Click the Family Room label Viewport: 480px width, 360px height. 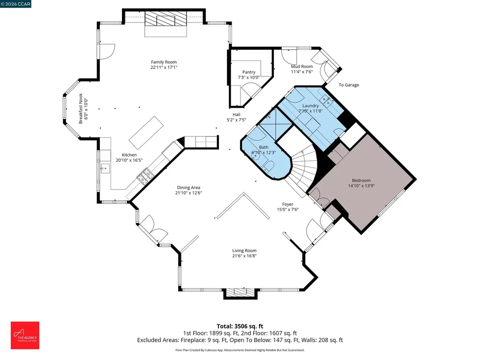point(164,62)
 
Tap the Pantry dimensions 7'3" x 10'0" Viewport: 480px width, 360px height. point(248,77)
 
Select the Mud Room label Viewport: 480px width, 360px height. point(301,67)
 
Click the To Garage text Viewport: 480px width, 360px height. point(349,85)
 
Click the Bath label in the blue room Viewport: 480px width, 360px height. point(263,147)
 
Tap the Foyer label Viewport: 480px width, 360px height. point(287,204)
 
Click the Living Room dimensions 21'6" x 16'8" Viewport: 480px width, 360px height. point(244,256)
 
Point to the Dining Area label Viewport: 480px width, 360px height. point(188,187)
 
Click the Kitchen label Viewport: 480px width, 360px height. point(129,155)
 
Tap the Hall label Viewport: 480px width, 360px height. point(236,114)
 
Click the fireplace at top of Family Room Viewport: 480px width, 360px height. point(165,22)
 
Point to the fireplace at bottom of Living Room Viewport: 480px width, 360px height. point(240,293)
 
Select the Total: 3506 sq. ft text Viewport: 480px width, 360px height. point(240,326)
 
